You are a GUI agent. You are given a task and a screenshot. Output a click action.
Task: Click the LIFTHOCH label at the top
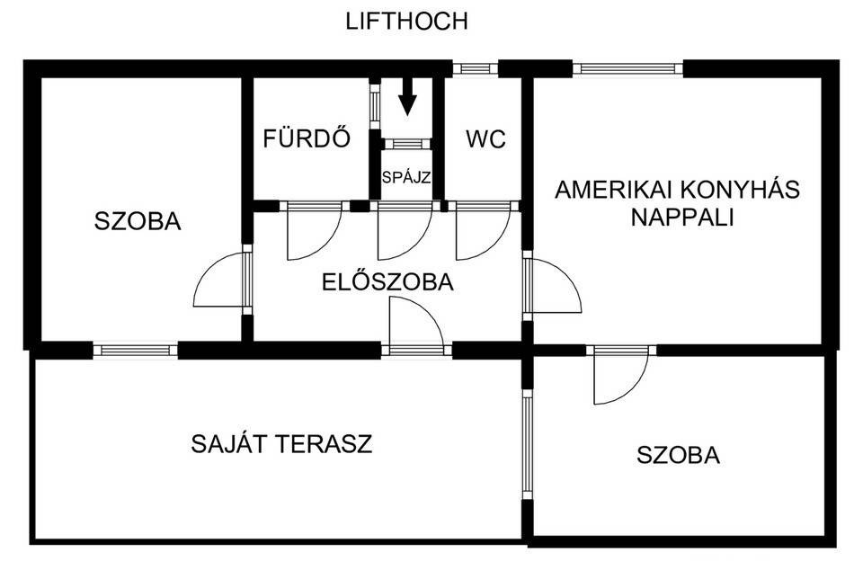click(x=406, y=22)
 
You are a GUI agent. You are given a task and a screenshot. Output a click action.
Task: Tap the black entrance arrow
click(x=407, y=96)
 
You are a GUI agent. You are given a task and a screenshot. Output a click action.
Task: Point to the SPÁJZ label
click(x=406, y=178)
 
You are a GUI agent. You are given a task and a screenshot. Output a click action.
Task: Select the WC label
click(x=485, y=140)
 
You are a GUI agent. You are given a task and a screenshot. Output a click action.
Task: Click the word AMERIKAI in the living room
click(x=614, y=190)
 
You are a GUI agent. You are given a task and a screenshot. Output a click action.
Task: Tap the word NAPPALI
click(x=682, y=218)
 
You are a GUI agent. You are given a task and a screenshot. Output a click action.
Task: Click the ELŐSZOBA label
click(x=387, y=282)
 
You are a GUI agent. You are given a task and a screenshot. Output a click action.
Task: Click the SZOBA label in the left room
click(x=138, y=221)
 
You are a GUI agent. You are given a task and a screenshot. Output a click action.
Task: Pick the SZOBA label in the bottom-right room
click(x=678, y=455)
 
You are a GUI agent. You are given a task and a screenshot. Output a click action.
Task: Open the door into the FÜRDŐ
click(x=315, y=230)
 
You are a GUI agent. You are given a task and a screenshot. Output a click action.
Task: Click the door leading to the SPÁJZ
click(x=405, y=230)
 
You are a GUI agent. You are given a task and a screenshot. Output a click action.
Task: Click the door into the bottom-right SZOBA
click(x=621, y=376)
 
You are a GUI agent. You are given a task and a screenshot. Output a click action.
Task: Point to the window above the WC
click(x=475, y=68)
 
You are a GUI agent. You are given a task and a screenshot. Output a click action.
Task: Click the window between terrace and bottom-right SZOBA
click(x=528, y=444)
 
